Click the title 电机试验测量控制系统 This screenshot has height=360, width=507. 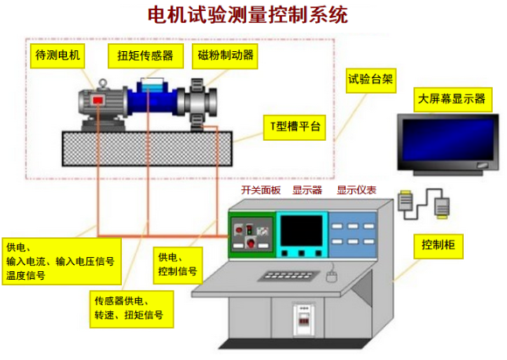(248, 15)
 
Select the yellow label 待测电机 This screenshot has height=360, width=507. (57, 56)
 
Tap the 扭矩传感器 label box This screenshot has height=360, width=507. (145, 56)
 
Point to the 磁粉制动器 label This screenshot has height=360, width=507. (225, 56)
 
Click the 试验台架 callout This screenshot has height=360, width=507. (370, 80)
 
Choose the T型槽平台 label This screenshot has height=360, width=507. (294, 127)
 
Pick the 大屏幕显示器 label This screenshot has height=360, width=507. (453, 99)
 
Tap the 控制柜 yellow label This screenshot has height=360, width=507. (439, 246)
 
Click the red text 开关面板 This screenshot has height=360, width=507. (261, 190)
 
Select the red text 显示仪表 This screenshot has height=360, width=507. (356, 190)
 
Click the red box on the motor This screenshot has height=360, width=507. (97, 100)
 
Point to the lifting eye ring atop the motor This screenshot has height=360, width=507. (102, 83)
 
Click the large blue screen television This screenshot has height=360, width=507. (448, 145)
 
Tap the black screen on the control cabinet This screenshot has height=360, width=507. (302, 232)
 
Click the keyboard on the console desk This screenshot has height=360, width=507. (288, 276)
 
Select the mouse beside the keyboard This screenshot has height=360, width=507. (332, 277)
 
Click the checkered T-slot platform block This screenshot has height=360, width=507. (147, 149)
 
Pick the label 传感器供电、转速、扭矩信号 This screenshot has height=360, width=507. (131, 309)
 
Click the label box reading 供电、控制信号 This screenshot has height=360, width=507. (178, 266)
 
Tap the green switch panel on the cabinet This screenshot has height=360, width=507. (252, 234)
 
